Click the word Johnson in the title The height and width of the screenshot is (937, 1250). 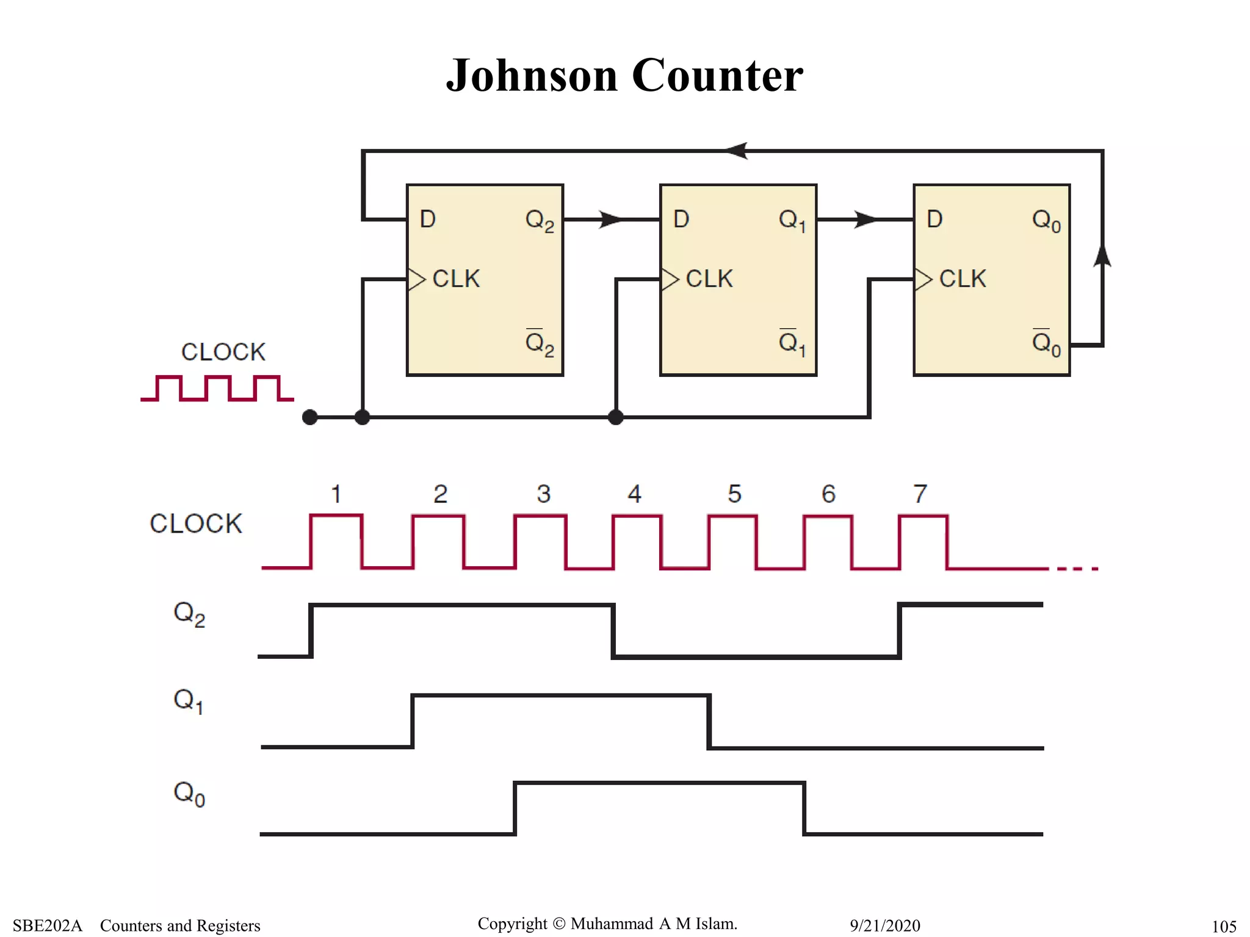(532, 76)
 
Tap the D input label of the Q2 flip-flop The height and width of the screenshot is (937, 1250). (428, 219)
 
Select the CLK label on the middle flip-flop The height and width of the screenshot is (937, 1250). (709, 279)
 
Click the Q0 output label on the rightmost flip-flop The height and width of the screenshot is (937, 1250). (1046, 221)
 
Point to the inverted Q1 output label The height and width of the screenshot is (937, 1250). (792, 343)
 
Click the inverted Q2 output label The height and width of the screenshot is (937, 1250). (540, 343)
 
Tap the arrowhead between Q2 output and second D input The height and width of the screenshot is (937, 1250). (610, 219)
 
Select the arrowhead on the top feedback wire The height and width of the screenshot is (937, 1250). (737, 151)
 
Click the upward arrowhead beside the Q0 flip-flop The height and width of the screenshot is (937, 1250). (1102, 255)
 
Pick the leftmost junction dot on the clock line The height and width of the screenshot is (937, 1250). (310, 417)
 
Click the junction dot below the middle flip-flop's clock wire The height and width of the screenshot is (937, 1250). (616, 417)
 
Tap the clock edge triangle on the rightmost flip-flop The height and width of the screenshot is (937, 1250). (923, 279)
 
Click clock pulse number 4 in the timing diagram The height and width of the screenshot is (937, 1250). (635, 494)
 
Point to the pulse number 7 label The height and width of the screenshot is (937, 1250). (920, 494)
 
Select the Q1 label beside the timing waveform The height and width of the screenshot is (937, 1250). (188, 701)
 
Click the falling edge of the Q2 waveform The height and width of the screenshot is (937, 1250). (613, 631)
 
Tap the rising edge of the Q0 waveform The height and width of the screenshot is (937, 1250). (515, 808)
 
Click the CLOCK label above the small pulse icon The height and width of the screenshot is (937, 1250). (223, 352)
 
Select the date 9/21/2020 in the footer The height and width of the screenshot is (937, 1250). (884, 925)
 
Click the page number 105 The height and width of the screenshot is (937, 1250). (1224, 927)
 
